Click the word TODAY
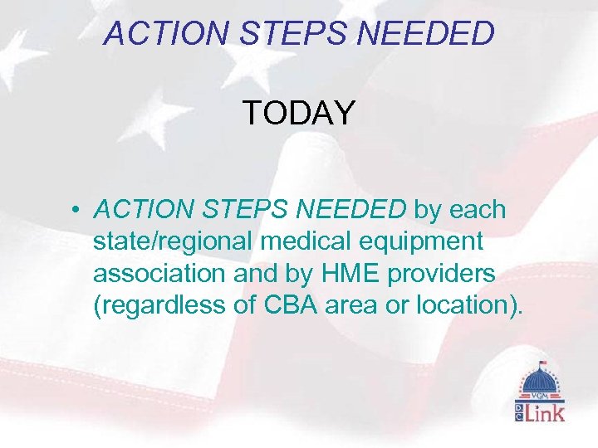tap(299, 113)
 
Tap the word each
tap(478, 210)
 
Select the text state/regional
tap(173, 242)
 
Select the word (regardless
tap(162, 305)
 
